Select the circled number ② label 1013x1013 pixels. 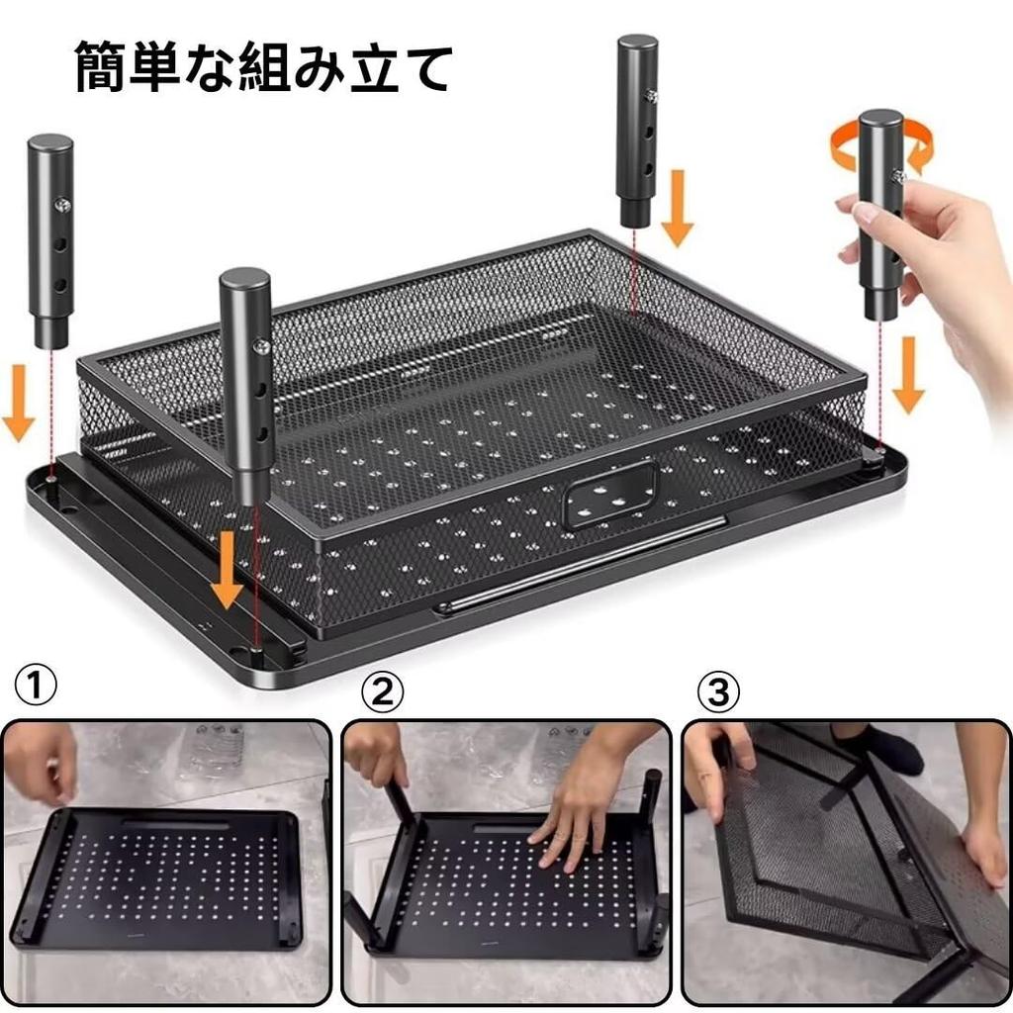coord(382,692)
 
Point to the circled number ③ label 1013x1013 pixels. coord(718,692)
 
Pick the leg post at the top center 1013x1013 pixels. coord(637,129)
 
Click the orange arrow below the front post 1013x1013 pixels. coord(227,572)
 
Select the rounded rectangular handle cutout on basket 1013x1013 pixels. coord(609,493)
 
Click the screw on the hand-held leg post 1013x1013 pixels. coord(898,176)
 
